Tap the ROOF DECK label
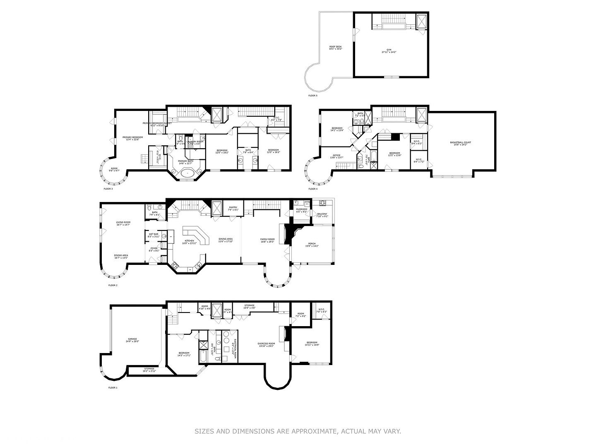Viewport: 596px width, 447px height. [x=335, y=48]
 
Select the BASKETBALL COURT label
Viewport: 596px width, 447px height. [x=460, y=143]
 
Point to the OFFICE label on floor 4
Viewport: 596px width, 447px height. [x=336, y=156]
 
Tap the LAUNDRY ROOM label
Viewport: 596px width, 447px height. [x=195, y=142]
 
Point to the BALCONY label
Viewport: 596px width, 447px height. [x=322, y=215]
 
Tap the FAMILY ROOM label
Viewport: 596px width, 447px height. [x=267, y=240]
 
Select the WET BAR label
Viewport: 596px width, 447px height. [x=153, y=235]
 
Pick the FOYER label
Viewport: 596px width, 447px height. [x=154, y=249]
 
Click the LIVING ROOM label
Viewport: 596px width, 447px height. [x=123, y=223]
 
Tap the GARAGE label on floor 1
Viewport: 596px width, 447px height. [x=132, y=340]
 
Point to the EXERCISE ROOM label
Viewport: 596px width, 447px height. [x=266, y=344]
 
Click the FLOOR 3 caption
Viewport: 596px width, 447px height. [x=108, y=189]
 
